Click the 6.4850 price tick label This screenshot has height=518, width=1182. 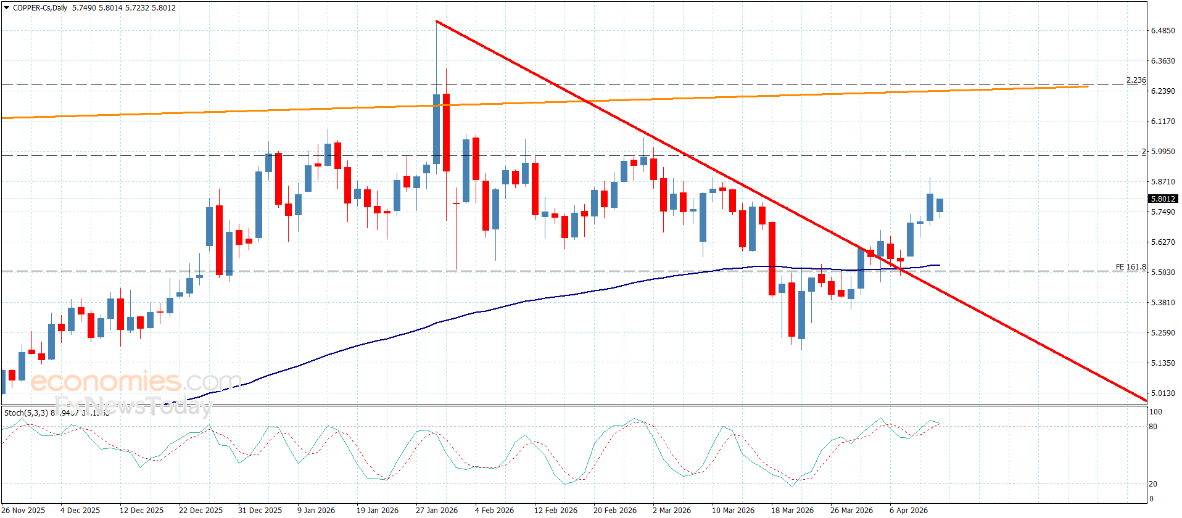coord(1162,31)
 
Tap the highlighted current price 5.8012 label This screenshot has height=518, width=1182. coord(1162,199)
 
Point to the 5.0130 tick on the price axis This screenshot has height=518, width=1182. coord(1162,393)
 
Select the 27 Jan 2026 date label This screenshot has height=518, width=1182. coord(436,510)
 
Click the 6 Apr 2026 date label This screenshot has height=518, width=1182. coord(908,510)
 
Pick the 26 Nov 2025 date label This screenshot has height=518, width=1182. coord(23,510)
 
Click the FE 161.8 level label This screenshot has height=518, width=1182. coord(1130,267)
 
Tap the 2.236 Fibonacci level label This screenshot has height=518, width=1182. coord(1136,80)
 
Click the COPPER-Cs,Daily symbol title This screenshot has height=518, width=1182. coord(40,8)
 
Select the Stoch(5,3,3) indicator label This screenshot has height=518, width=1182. coord(27,413)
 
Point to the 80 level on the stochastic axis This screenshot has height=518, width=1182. coord(1153,427)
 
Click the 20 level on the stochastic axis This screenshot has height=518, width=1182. coord(1152,484)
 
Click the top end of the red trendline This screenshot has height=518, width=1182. coord(436,22)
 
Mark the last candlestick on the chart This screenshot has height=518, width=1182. coord(940,205)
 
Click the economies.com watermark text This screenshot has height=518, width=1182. coord(136,382)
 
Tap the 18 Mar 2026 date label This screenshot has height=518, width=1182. coord(791,510)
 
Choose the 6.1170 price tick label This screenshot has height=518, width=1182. coord(1162,121)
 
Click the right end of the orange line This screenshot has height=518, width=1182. coord(1088,86)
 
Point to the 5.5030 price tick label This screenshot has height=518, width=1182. coord(1162,273)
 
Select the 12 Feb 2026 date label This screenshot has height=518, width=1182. coord(555,510)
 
